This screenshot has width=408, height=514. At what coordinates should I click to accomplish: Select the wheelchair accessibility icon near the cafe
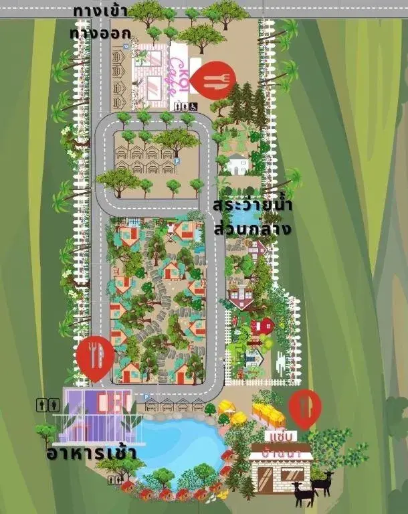193,106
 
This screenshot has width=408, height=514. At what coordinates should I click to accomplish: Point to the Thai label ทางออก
100,33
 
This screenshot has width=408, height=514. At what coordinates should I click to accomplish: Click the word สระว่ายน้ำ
252,205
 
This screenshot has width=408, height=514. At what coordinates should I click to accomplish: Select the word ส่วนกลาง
252,228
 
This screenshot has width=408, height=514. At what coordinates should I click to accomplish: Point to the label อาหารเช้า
92,453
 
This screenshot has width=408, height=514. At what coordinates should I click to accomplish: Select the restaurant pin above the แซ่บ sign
305,407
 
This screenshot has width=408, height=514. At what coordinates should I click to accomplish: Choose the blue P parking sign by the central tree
177,161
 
